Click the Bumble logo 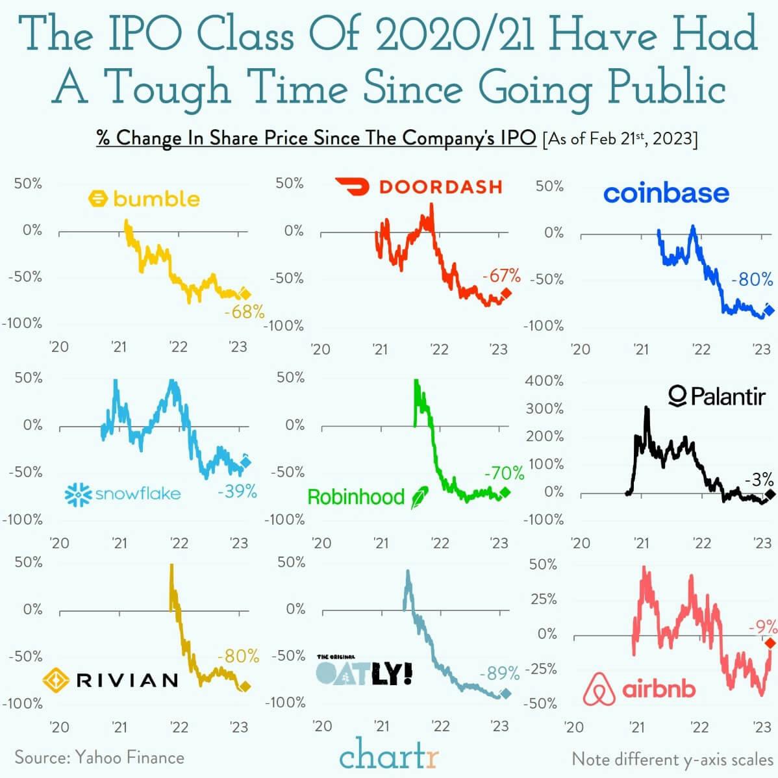coord(144,198)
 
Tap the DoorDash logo coord(419,186)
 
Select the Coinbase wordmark coord(666,193)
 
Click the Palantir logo coord(716,395)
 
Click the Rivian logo coord(110,680)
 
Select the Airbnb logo coord(639,689)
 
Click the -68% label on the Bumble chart coord(244,312)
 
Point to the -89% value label coord(499,673)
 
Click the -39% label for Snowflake coord(237,492)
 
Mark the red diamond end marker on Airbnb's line coord(770,643)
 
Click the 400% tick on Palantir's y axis coord(544,381)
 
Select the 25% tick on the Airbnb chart coord(544,599)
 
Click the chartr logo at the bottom coord(389,757)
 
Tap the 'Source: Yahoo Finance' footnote coord(99,757)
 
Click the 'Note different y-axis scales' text coord(672,759)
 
